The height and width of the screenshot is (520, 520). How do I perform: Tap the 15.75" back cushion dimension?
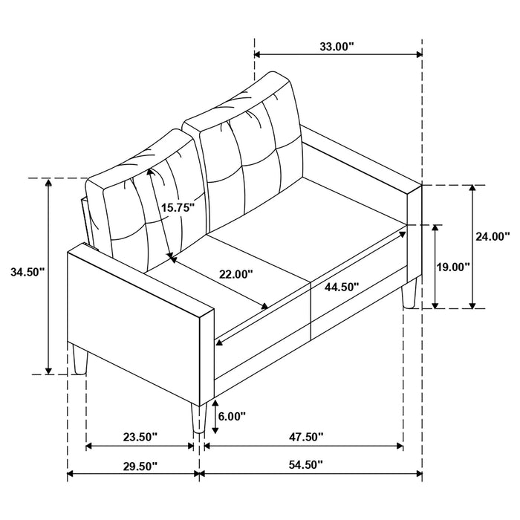pos(178,208)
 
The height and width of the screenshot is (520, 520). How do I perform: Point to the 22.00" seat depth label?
pos(235,273)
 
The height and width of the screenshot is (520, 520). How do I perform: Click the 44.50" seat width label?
pos(341,286)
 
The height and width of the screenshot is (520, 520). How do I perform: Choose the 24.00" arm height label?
pos(492,237)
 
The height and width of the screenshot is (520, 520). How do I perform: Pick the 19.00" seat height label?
pos(454,266)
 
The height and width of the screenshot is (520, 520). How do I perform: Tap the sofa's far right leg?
pos(407,294)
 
